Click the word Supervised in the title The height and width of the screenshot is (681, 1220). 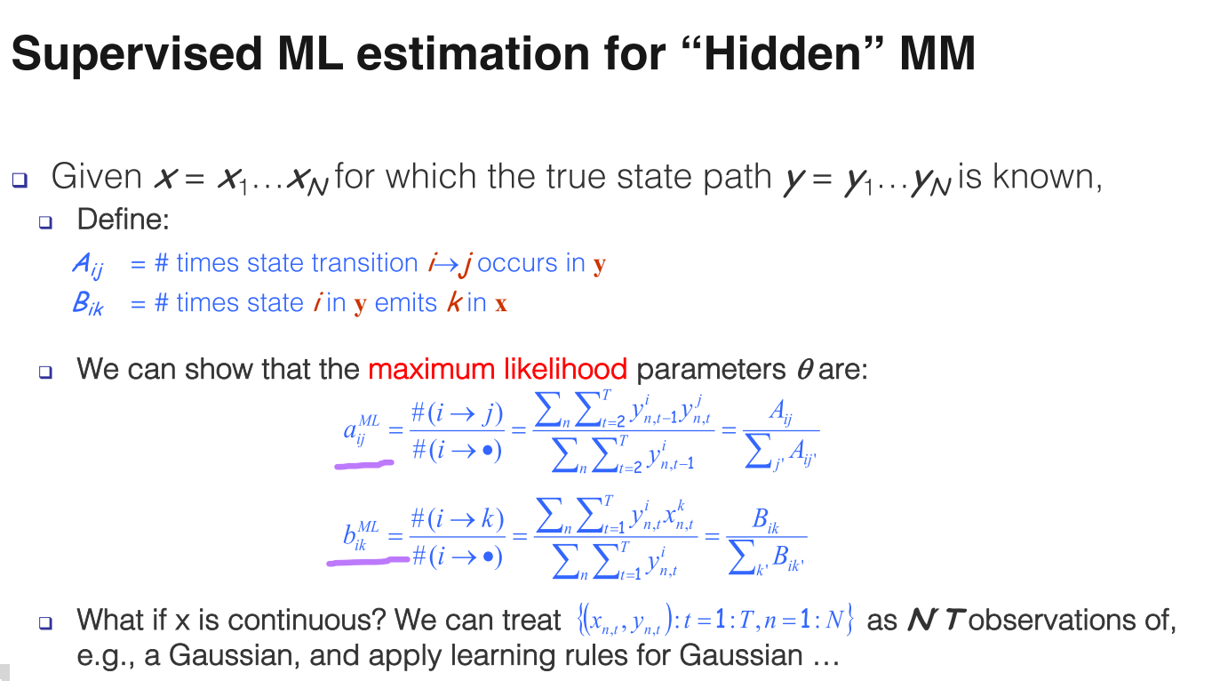pyautogui.click(x=137, y=54)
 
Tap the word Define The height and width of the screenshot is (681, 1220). pyautogui.click(x=124, y=220)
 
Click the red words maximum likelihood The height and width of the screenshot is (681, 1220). pyautogui.click(x=498, y=369)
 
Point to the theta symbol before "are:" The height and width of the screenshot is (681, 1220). pyautogui.click(x=805, y=370)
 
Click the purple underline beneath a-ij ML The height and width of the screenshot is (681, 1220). pyautogui.click(x=363, y=465)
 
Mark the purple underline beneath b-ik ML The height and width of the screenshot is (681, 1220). pyautogui.click(x=368, y=561)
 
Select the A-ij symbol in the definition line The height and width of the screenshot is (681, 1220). pyautogui.click(x=88, y=266)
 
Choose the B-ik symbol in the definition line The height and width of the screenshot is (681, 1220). pyautogui.click(x=88, y=304)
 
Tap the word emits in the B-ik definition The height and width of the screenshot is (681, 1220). pyautogui.click(x=406, y=303)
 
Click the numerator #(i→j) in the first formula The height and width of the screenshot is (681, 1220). pyautogui.click(x=457, y=414)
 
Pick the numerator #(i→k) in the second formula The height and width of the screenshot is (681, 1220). pyautogui.click(x=458, y=519)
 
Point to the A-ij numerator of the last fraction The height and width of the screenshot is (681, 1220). pyautogui.click(x=780, y=412)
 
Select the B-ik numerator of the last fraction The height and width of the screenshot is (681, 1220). pyautogui.click(x=765, y=520)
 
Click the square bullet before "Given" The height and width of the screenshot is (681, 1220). pyautogui.click(x=20, y=180)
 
